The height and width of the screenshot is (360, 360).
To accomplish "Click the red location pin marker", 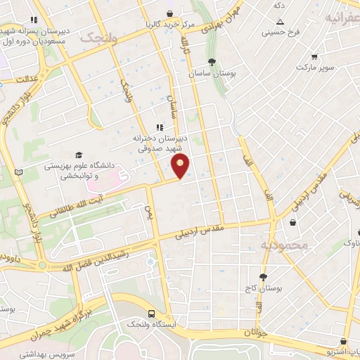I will [181, 167].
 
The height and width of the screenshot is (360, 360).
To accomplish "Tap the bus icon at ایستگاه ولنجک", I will [152, 314].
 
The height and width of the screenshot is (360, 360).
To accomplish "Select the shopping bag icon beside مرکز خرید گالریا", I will [169, 13].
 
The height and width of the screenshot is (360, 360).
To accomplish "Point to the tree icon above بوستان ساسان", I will [212, 61].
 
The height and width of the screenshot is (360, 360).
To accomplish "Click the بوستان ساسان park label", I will [212, 73].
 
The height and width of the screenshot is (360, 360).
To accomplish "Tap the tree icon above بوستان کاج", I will [264, 277].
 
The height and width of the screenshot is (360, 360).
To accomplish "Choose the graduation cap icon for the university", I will [79, 155].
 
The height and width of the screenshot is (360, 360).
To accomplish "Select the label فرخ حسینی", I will [280, 32].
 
